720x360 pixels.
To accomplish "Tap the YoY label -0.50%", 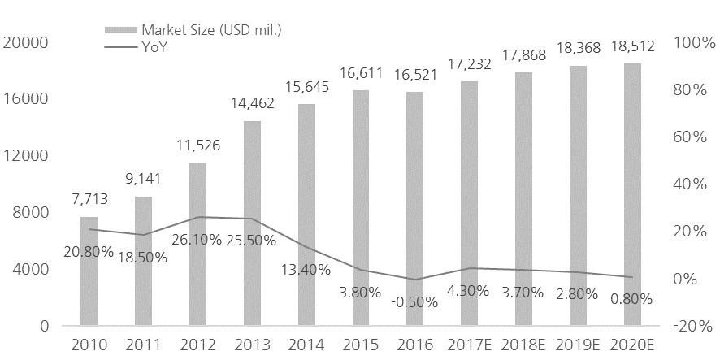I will pos(414,301).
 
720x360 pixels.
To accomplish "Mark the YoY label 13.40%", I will pos(306,269).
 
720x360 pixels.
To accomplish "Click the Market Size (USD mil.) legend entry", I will pos(205,30).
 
